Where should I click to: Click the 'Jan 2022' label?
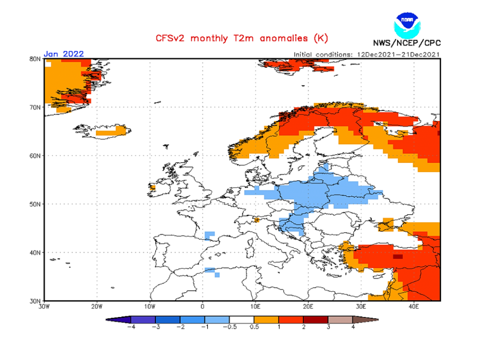pyautogui.click(x=64, y=54)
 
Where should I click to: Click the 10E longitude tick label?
pyautogui.click(x=255, y=306)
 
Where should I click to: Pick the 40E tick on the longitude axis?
pyautogui.click(x=414, y=306)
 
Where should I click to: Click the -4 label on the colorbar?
pyautogui.click(x=130, y=327)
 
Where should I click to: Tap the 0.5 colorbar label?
pyautogui.click(x=254, y=327)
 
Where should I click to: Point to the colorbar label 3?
pyautogui.click(x=328, y=327)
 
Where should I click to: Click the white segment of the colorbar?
pyautogui.click(x=242, y=320)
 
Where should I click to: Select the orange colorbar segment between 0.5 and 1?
pyautogui.click(x=266, y=320)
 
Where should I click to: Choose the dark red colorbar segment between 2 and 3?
pyautogui.click(x=316, y=320)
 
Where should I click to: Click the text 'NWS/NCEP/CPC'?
pyautogui.click(x=406, y=43)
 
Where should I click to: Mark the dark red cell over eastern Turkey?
pyautogui.click(x=398, y=256)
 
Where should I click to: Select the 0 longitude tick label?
pyautogui.click(x=202, y=306)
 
